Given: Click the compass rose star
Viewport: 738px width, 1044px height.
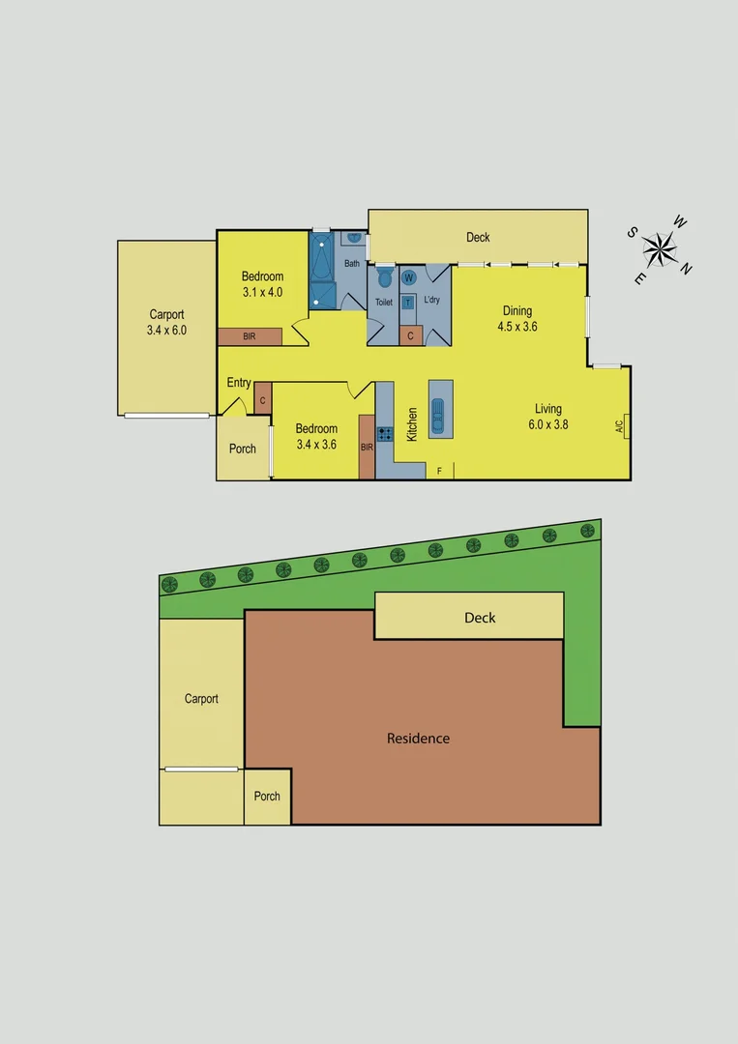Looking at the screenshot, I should pos(661,249).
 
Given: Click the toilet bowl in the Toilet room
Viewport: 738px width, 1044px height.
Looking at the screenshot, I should pos(384,279).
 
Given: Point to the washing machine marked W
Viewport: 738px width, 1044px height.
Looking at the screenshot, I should pos(408,277).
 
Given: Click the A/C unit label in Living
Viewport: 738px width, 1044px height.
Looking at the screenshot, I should pos(619,424).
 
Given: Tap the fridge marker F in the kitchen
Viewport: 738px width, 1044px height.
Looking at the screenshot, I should pos(440,471).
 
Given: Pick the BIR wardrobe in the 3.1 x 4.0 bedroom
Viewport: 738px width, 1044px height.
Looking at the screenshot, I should pos(250,336).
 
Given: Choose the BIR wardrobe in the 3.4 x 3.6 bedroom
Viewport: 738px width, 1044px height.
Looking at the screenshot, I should pos(367,447).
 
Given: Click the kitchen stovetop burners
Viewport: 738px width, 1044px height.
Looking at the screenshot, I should pos(384,434).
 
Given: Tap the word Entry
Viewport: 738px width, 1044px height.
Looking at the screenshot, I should pos(239,383).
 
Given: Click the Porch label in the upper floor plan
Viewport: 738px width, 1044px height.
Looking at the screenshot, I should pos(243,449).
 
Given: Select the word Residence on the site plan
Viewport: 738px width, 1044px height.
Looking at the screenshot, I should pos(418,739).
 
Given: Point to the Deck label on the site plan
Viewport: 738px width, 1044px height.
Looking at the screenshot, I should pos(480,617).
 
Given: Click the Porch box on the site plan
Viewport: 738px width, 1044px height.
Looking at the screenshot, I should pos(267,797).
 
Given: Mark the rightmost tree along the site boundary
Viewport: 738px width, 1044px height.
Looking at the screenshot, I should pos(587,530).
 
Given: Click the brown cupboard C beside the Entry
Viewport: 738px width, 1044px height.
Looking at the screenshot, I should pos(262,399).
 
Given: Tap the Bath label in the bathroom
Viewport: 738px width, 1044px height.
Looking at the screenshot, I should pos(351,263).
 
